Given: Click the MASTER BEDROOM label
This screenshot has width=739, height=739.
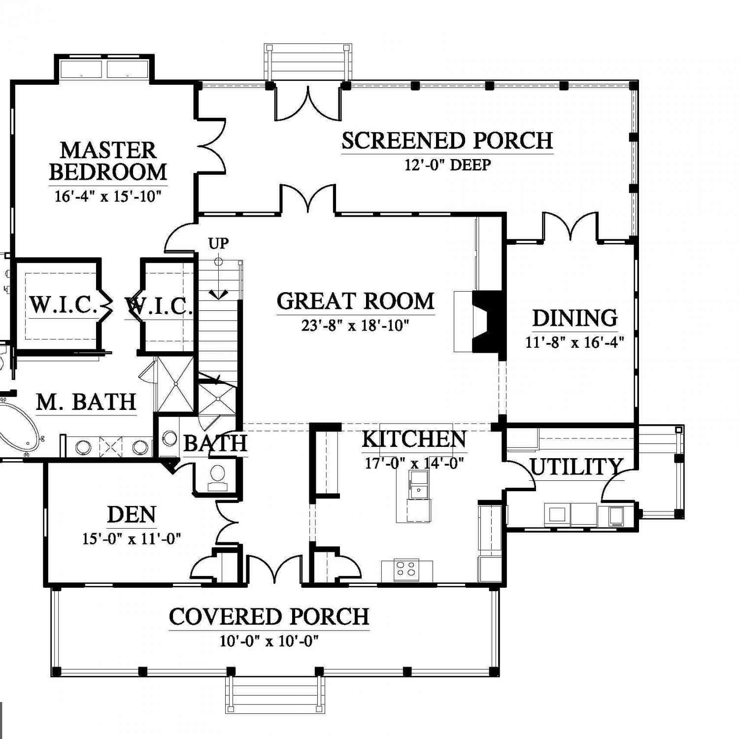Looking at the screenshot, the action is pos(108,161).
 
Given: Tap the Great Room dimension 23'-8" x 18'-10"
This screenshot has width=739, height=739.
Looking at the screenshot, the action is pos(355,326).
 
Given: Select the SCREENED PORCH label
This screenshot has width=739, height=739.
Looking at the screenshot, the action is pos(447,140).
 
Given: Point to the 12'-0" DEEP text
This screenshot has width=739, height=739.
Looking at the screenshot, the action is pos(448,165).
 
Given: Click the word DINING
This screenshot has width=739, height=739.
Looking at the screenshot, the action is pos(575,318).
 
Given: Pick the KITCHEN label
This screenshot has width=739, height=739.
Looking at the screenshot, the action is pos(414,439).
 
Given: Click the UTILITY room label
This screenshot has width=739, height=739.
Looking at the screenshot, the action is pos(576,467).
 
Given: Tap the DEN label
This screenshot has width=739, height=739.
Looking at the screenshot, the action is pos(132,515).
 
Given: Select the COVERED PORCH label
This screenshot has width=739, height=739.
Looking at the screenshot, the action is pos(269,616).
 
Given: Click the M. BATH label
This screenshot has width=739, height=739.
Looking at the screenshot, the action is pos(86,402).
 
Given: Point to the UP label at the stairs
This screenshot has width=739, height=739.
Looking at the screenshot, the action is pos(219,243).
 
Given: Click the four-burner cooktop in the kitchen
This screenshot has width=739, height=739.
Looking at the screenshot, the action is pos(407,569).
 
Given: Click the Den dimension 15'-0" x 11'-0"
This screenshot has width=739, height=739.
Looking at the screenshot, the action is pos(132,538).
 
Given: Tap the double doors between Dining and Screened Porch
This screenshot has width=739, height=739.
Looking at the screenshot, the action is pos(570,227).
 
